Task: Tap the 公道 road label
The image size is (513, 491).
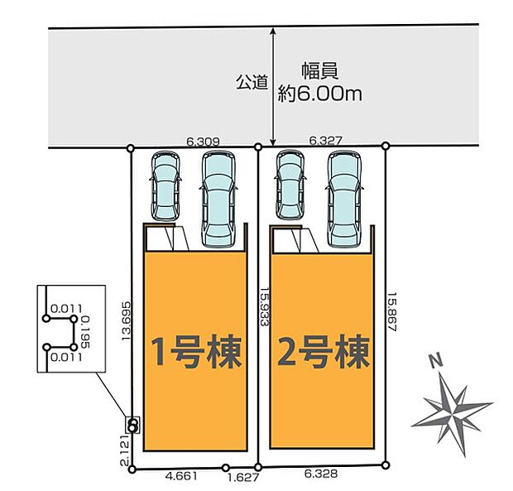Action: (252, 82)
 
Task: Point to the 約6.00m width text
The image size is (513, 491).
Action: (321, 94)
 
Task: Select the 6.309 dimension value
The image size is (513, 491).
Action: (203, 142)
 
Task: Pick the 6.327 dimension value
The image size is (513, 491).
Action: (325, 142)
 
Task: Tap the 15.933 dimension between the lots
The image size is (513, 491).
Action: (263, 307)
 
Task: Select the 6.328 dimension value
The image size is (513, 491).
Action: (321, 476)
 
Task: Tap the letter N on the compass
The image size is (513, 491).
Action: (435, 362)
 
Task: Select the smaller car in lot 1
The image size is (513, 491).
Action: (164, 185)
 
